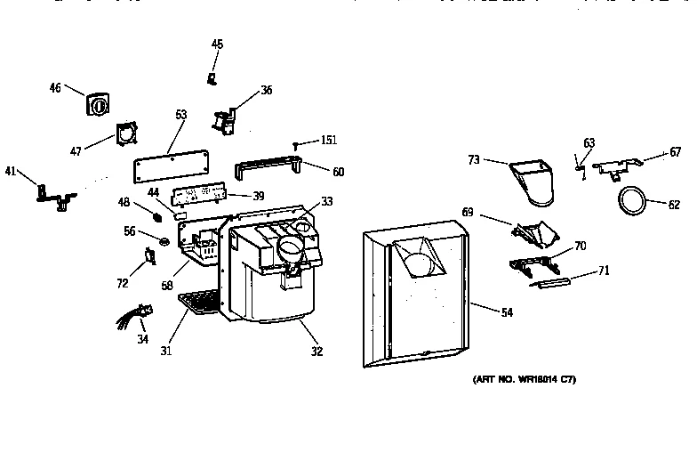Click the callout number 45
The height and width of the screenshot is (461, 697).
click(x=218, y=44)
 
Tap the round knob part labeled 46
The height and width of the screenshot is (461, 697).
click(x=98, y=104)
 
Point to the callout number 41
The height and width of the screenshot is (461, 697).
click(x=11, y=171)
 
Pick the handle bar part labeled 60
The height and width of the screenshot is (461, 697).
click(x=267, y=166)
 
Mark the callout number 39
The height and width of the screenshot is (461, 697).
click(x=259, y=196)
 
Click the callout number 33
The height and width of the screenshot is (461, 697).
click(x=327, y=202)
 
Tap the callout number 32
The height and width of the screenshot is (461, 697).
click(x=316, y=350)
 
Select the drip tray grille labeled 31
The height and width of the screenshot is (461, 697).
click(x=199, y=303)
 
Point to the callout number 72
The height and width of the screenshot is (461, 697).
click(x=122, y=283)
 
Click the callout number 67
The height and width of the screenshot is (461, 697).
click(x=675, y=153)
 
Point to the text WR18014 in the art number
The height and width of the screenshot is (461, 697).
click(x=531, y=380)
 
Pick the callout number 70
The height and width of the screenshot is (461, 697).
click(x=581, y=245)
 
